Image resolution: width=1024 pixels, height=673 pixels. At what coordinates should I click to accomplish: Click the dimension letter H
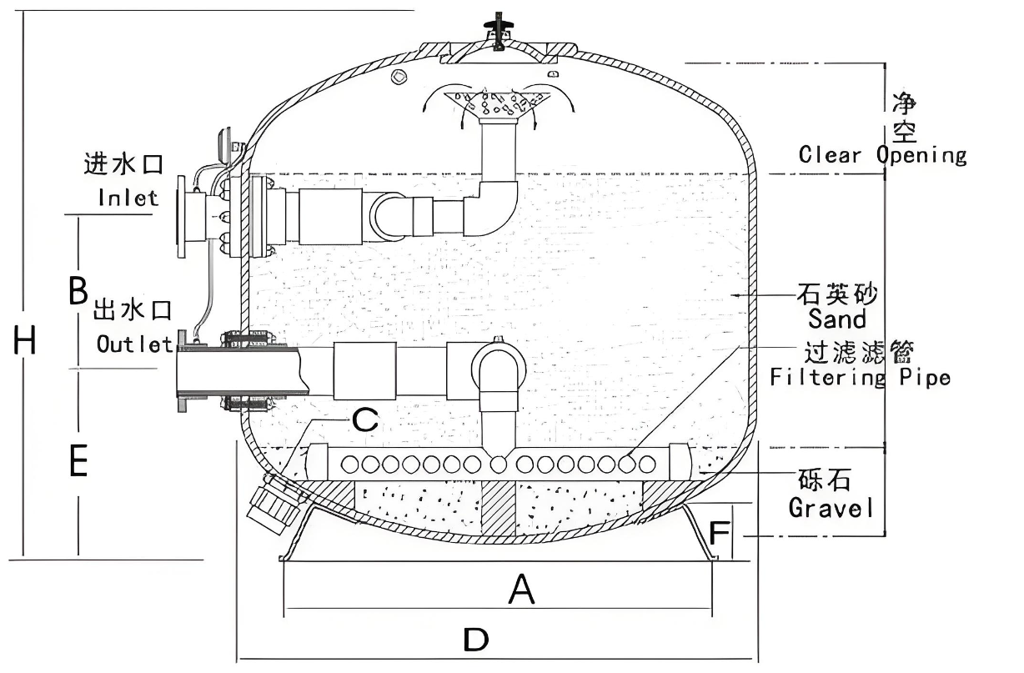click(x=24, y=340)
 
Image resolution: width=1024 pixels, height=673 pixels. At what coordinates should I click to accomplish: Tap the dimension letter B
click(x=78, y=290)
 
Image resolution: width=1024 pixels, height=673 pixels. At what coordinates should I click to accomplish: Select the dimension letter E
click(x=78, y=460)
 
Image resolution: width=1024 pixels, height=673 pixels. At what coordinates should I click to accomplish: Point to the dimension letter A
click(x=522, y=590)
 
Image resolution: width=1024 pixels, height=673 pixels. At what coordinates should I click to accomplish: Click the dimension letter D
click(x=475, y=639)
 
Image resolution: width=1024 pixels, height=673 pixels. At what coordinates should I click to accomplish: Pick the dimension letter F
click(x=719, y=533)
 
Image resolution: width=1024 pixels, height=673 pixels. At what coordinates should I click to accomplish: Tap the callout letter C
click(x=365, y=419)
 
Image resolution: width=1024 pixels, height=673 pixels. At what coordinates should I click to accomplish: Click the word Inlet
click(x=128, y=198)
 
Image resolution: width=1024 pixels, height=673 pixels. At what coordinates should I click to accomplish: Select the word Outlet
click(x=134, y=344)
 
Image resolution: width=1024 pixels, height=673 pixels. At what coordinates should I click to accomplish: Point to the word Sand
click(x=837, y=319)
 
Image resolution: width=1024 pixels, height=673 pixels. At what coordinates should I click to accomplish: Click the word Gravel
click(x=831, y=508)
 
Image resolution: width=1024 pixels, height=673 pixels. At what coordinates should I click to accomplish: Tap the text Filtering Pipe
click(x=860, y=378)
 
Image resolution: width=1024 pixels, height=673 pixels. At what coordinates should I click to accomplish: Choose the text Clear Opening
click(x=883, y=155)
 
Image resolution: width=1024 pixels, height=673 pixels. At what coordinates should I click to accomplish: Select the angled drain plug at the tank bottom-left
click(x=273, y=504)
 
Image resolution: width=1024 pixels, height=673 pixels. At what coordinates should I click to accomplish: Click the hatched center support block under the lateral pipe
click(x=499, y=509)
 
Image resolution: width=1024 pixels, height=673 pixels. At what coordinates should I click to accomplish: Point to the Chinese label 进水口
click(x=123, y=163)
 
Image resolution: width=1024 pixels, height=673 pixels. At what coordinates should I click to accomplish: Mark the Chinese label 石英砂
click(x=837, y=294)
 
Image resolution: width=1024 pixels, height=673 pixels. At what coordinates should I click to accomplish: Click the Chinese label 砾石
click(x=824, y=480)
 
